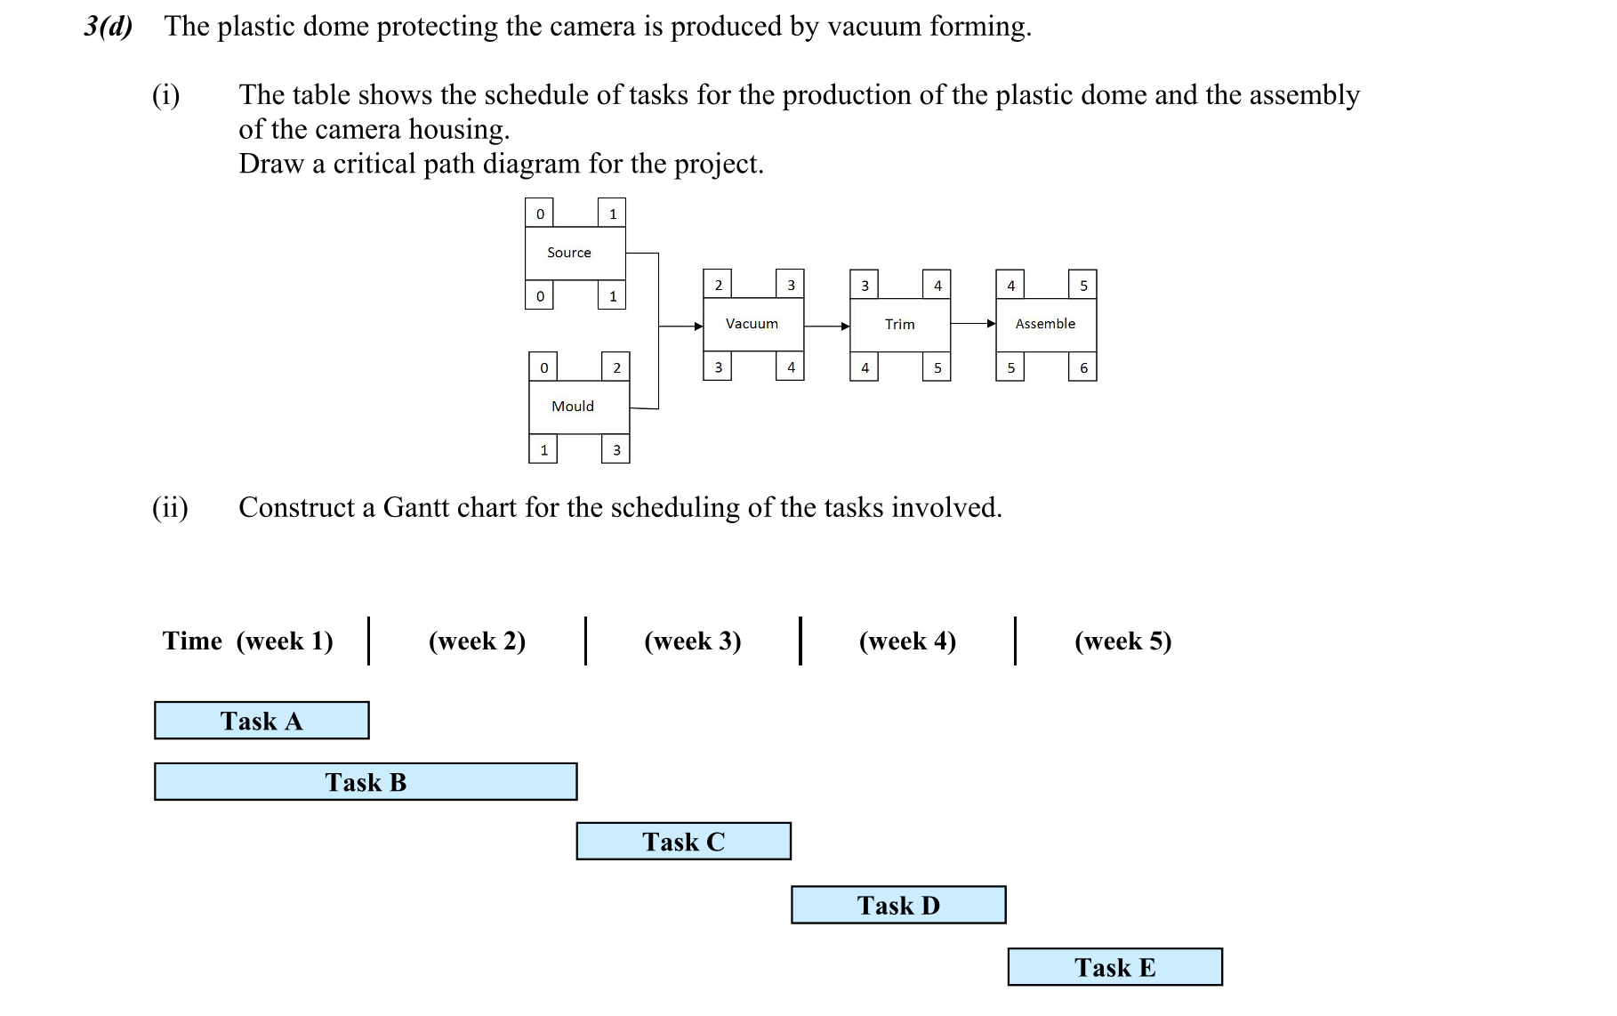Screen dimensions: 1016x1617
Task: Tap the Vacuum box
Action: [753, 325]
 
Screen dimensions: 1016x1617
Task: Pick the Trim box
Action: [900, 325]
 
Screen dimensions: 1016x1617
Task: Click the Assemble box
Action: [1045, 325]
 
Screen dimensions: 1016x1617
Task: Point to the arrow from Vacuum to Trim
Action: [828, 327]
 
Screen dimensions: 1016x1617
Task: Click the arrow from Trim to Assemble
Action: [974, 324]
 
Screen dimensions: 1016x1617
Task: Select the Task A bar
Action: [261, 721]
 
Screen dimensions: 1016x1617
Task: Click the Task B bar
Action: [366, 782]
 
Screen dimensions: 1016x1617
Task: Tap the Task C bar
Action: [683, 842]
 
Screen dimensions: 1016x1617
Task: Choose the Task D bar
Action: [898, 905]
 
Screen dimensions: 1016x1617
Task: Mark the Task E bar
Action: [1114, 967]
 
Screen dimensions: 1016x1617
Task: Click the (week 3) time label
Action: [692, 641]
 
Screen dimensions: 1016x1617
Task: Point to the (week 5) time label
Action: [1122, 641]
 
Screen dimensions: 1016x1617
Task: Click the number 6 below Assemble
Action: [1082, 368]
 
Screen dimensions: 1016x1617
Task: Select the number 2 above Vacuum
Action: [718, 285]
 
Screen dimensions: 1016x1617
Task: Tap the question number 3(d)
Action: [109, 27]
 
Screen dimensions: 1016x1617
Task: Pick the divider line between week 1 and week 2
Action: [368, 641]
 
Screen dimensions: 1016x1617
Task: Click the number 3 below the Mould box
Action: [615, 450]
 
